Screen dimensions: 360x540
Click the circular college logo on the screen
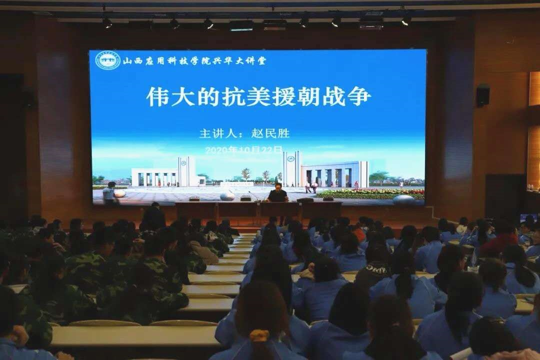click(x=107, y=60)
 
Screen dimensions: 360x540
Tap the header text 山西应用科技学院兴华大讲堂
click(x=194, y=61)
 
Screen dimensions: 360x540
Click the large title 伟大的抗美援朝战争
click(x=258, y=96)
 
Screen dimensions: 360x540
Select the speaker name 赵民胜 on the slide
click(x=270, y=133)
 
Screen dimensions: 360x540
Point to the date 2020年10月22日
click(x=243, y=149)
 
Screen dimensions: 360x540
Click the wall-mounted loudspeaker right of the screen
click(x=482, y=94)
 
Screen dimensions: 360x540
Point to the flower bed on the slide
click(x=370, y=193)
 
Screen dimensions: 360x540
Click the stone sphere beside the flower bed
click(x=403, y=199)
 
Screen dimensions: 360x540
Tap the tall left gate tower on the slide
click(x=186, y=171)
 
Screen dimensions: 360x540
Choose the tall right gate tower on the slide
click(x=291, y=168)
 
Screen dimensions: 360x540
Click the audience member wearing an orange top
click(x=358, y=233)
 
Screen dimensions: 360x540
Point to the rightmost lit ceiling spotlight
click(x=406, y=20)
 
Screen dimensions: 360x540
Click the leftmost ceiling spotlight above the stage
click(x=106, y=22)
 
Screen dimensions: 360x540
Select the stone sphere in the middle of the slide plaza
click(x=227, y=196)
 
